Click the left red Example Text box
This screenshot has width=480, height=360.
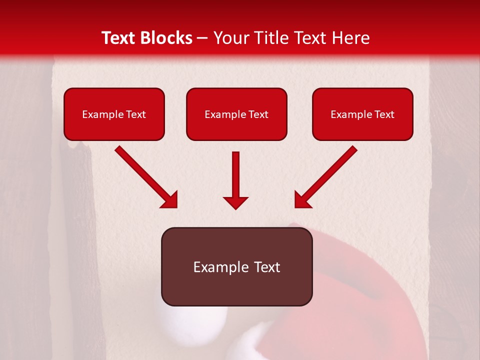(114, 114)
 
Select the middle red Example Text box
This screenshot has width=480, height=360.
(236, 114)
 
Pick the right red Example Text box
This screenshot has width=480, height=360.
(362, 114)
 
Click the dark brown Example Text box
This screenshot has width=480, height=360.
(236, 266)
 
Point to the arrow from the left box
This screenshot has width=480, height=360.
(145, 176)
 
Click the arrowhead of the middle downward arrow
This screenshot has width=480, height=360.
(235, 202)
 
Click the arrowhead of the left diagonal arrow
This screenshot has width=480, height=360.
(170, 200)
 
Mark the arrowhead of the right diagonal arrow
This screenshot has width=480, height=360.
(302, 200)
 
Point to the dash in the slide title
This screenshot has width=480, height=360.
(202, 38)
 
